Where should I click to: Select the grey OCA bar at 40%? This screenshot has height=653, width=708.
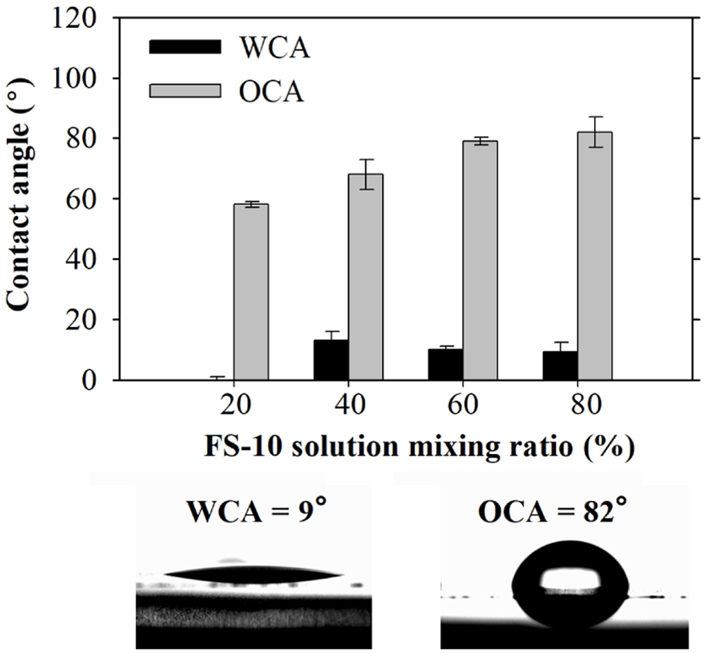point(365,276)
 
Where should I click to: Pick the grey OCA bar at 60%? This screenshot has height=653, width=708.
point(480,260)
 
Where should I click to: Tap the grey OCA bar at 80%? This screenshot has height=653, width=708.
point(595,256)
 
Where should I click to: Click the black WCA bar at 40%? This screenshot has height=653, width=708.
point(331,360)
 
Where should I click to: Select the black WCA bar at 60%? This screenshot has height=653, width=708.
point(446,364)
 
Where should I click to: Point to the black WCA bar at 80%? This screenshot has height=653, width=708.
point(560,366)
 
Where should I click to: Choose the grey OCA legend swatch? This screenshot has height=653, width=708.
point(184,91)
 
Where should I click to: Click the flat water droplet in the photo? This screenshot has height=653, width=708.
point(253,573)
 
